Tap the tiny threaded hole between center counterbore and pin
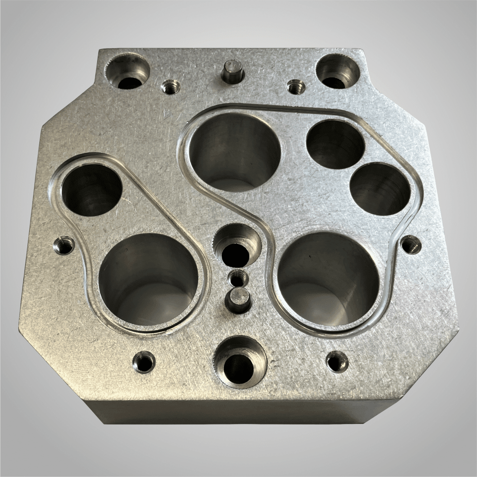pyautogui.click(x=238, y=278)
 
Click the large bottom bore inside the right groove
pyautogui.click(x=329, y=278)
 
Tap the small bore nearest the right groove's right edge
pyautogui.click(x=380, y=189)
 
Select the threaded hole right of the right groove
pyautogui.click(x=411, y=244)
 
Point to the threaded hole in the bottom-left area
pyautogui.click(x=144, y=362)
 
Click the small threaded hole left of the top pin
pyautogui.click(x=169, y=87)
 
